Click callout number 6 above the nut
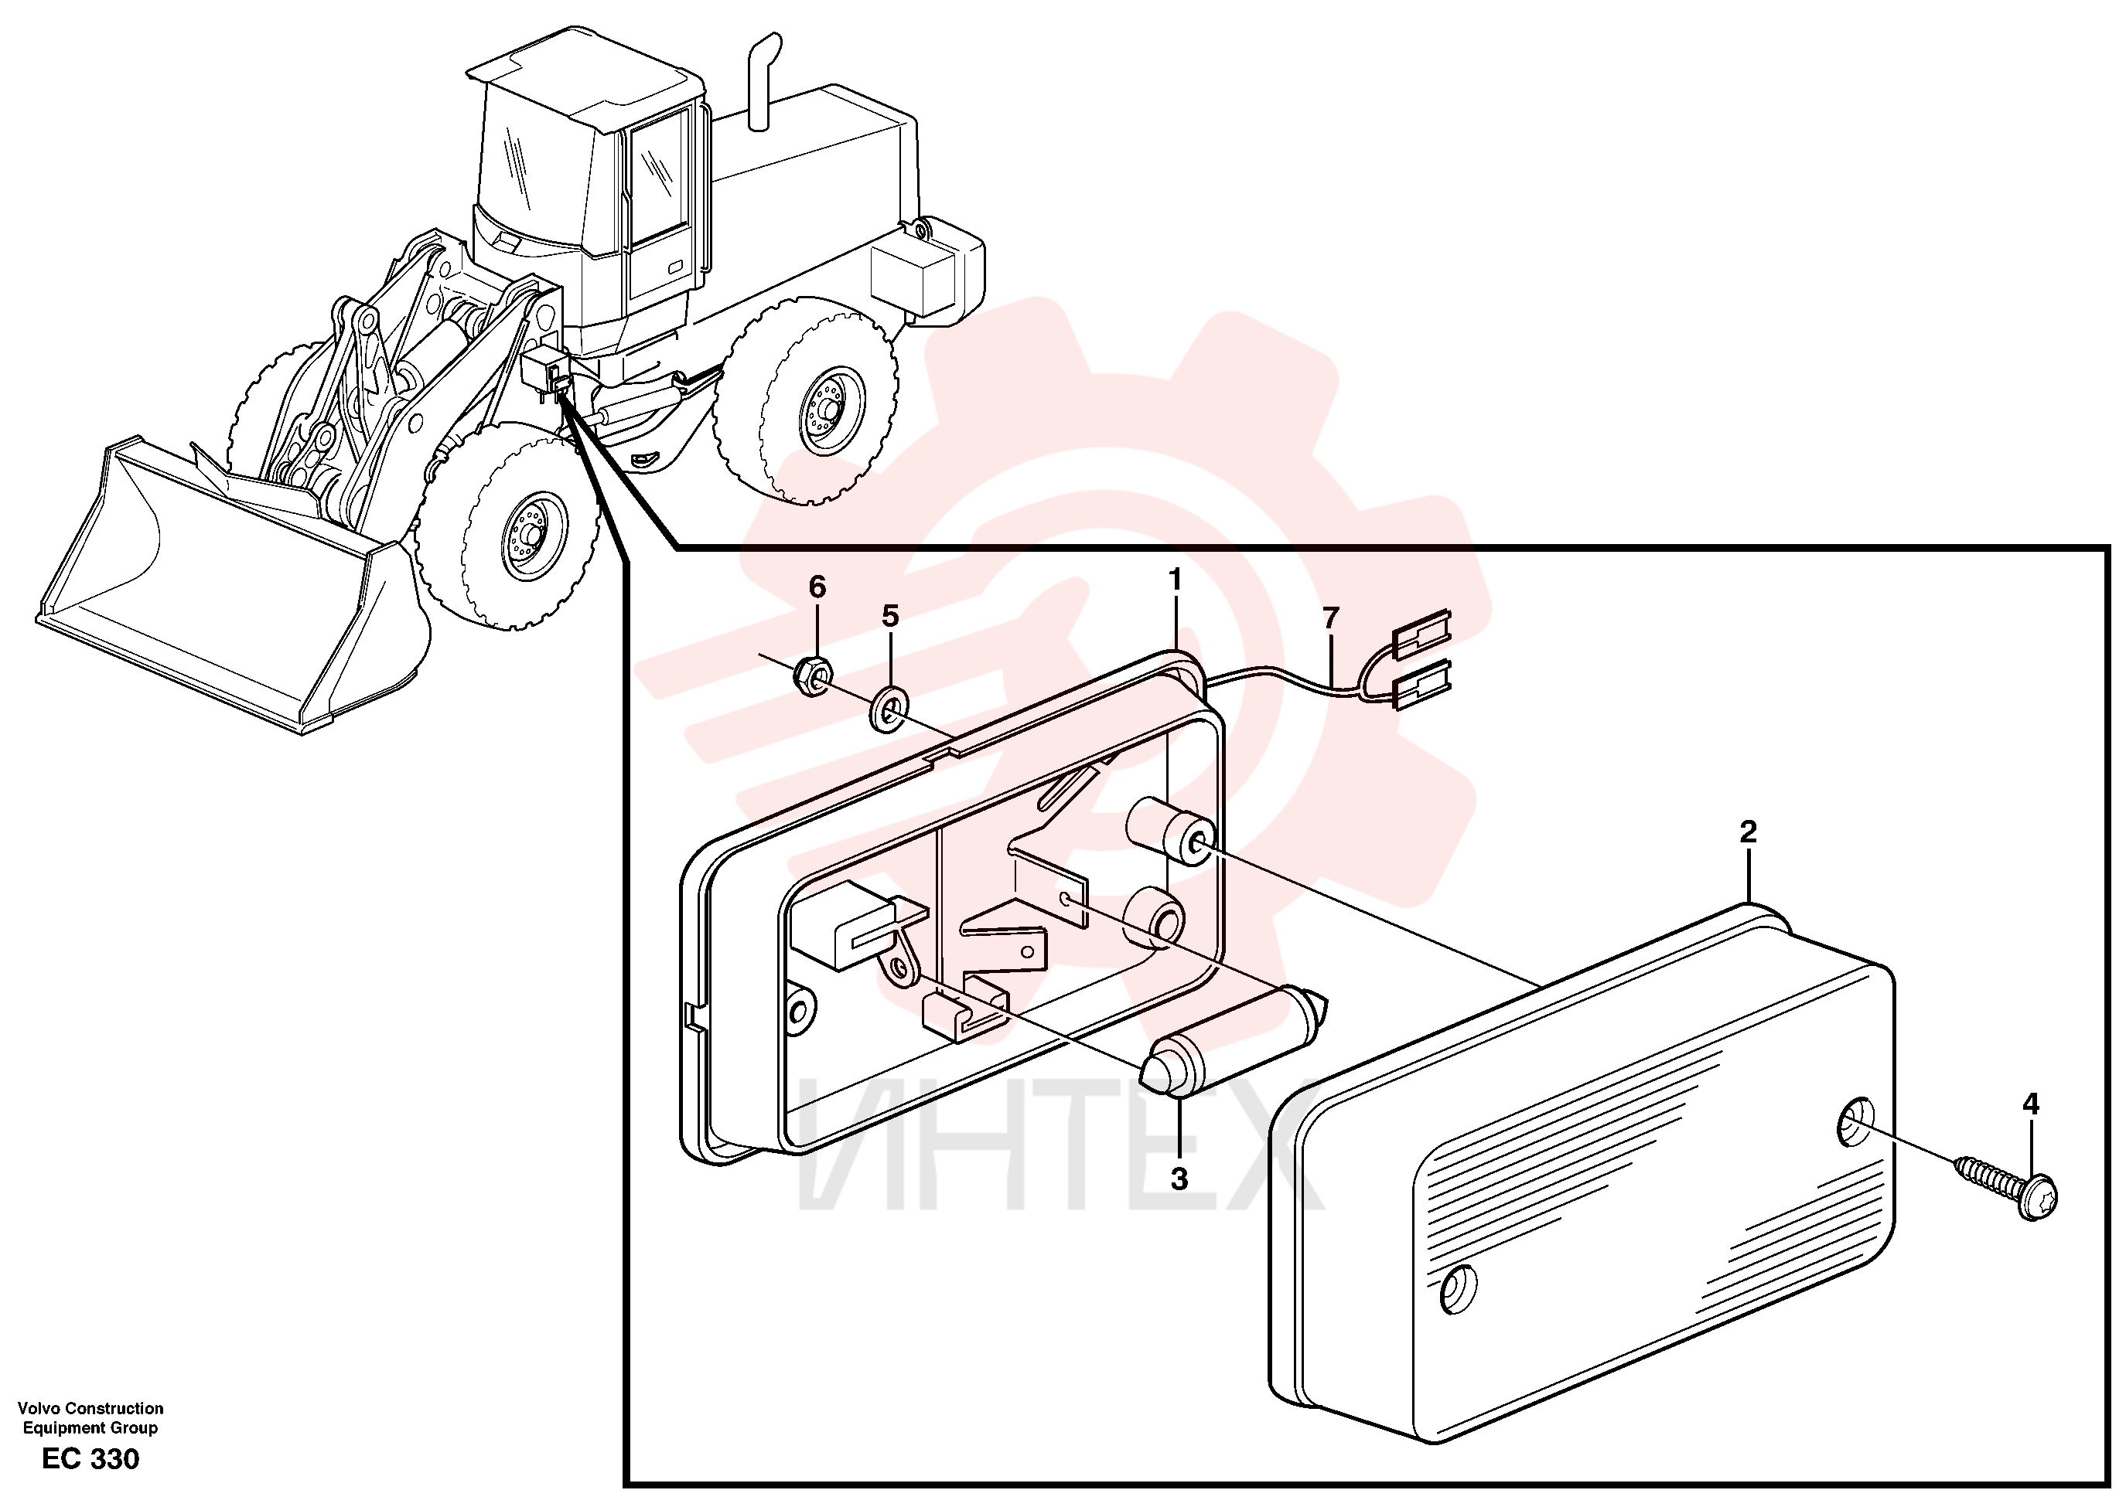click(x=816, y=587)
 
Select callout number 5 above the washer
click(x=889, y=615)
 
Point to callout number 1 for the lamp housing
click(x=1175, y=580)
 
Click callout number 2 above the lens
click(x=1747, y=832)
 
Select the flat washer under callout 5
click(x=889, y=710)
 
